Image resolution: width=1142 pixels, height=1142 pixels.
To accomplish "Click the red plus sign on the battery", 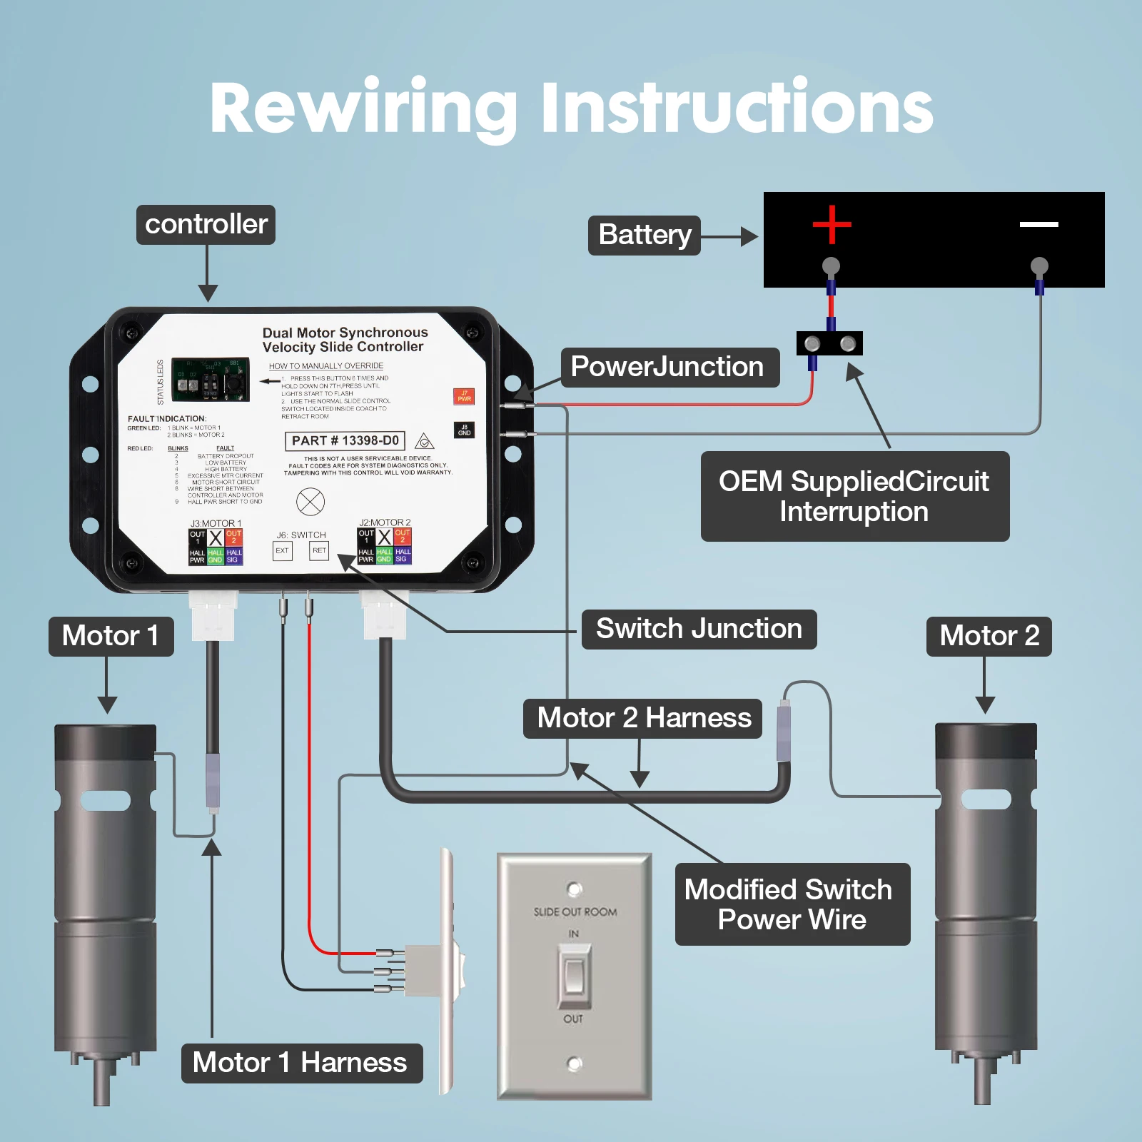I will (x=832, y=224).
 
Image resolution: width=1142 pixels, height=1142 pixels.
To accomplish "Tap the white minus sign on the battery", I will (x=1039, y=224).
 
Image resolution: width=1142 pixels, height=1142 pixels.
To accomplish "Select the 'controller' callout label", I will (x=206, y=225).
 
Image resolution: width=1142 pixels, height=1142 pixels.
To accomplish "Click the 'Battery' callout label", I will (x=644, y=235).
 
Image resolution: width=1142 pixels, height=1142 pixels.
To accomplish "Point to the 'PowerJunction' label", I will (x=669, y=367).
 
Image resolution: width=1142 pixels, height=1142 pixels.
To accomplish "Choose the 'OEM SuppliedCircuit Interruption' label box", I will (x=854, y=496).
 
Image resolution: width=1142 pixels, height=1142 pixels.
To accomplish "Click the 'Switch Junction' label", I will (x=699, y=629).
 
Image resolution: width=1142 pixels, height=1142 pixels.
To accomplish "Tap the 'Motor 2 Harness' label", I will (x=643, y=718).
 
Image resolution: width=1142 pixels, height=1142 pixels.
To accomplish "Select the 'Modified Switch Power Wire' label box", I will (x=792, y=904).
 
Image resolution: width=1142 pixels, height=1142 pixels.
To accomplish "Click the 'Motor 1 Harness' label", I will (x=300, y=1063).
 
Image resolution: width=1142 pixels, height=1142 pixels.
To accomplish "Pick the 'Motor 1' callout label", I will (x=111, y=636).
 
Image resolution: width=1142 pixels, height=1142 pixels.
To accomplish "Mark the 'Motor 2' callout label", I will (x=989, y=636).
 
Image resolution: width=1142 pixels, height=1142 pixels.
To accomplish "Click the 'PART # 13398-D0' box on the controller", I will (x=345, y=441).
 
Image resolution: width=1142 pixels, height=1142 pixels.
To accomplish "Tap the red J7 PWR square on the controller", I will (x=464, y=396).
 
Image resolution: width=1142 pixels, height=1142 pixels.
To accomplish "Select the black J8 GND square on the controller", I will (x=464, y=430).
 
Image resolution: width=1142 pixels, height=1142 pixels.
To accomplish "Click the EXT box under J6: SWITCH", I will (x=283, y=551).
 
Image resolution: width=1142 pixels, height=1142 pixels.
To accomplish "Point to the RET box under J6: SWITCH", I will (x=319, y=551).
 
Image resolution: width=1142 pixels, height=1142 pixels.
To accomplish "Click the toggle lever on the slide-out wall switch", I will (x=574, y=974).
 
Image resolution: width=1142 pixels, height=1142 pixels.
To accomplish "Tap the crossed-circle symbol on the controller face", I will (x=310, y=502).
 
